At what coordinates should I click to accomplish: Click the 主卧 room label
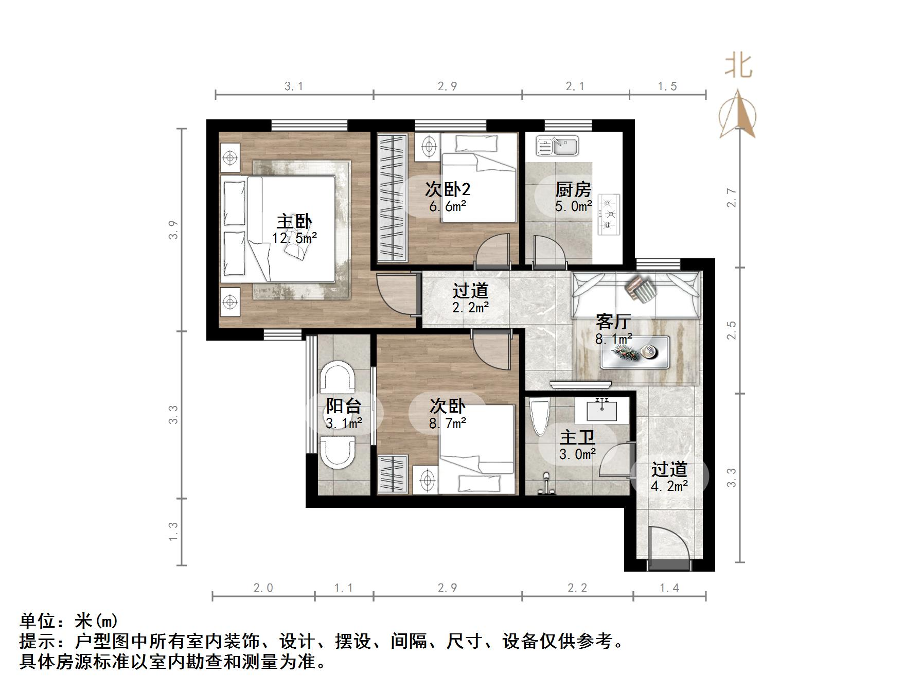pos(294,222)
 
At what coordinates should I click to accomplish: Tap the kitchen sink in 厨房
pos(557,146)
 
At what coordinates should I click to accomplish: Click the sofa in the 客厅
pos(636,295)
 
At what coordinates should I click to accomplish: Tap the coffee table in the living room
pos(635,352)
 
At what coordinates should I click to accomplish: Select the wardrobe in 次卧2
pos(392,197)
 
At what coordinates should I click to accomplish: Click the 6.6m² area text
pos(448,207)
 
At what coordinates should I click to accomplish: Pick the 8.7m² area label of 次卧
pos(448,423)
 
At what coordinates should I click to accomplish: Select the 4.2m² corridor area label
pos(669,486)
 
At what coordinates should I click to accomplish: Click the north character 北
pos(739,67)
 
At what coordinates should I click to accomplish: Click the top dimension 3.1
pos(294,86)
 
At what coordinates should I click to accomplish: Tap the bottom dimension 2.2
pos(577,588)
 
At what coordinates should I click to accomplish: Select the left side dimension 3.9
pos(174,229)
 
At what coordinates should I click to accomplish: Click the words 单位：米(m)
pos(69,622)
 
